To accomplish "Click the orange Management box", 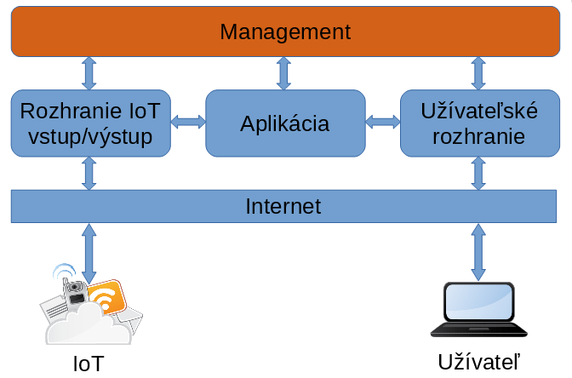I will pos(285,32).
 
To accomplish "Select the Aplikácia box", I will pos(285,123).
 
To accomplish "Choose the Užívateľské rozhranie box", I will pos(478,123).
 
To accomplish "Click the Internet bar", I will pos(285,205).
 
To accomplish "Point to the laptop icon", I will pos(478,309).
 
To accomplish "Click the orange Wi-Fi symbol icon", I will pos(105,299).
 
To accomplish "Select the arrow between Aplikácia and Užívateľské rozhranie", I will pos(382,123).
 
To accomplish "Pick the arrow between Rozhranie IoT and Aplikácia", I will pos(188,123).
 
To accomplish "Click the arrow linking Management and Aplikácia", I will pos(284,72).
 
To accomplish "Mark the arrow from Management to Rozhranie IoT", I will pos(89,72).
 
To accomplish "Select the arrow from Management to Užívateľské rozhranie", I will pos(478,72).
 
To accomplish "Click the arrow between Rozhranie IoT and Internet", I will pos(89,174).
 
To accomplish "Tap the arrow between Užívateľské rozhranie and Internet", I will pos(478,174).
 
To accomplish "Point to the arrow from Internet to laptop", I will pos(478,252).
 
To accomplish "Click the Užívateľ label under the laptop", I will pos(478,360).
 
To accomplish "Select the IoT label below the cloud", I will pos(89,364).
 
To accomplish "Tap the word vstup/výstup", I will pos(90,136).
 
